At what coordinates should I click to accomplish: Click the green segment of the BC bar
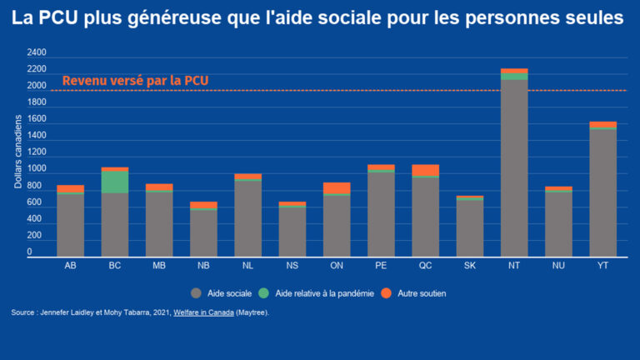(x=115, y=182)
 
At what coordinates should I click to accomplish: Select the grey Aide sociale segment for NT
(x=514, y=167)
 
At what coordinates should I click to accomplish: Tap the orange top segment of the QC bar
(x=425, y=170)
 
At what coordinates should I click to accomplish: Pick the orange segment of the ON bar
(x=337, y=188)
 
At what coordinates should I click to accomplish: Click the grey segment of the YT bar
(x=602, y=192)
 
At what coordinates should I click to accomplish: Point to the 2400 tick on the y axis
(x=37, y=52)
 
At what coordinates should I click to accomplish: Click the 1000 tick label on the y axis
(x=37, y=169)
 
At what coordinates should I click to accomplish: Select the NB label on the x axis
(x=203, y=266)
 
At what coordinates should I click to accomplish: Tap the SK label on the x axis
(x=470, y=266)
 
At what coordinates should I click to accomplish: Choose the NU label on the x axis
(x=558, y=266)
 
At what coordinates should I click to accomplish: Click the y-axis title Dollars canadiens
(x=18, y=155)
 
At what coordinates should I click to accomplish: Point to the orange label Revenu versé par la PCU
(x=135, y=81)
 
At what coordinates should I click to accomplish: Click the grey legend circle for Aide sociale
(x=196, y=293)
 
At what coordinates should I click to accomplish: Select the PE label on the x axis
(x=381, y=266)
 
